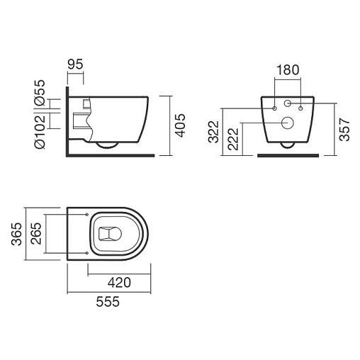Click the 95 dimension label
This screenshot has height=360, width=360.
tap(75, 64)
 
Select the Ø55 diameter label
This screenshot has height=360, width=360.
tap(40, 92)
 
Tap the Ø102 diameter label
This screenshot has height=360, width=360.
tap(40, 131)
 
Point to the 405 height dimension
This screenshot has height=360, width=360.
tap(181, 125)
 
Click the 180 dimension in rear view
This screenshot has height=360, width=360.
tap(288, 70)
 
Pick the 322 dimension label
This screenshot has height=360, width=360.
tap(213, 132)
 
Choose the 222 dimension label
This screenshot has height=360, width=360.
tap(233, 139)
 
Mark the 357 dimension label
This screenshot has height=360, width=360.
tap(344, 130)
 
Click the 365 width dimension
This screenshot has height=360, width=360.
tap(17, 234)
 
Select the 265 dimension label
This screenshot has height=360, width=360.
tap(36, 233)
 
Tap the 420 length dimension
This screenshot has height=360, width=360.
tap(119, 283)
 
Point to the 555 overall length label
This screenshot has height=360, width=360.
tap(108, 302)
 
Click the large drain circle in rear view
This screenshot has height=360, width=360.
tap(288, 123)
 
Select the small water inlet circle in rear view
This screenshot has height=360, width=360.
tap(287, 103)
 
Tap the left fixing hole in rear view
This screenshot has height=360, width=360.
tap(274, 108)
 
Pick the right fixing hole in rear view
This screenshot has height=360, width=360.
tap(300, 108)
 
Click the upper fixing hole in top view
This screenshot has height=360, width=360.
tap(86, 215)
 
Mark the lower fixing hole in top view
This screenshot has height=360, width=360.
tap(86, 253)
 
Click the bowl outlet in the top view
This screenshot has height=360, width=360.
tap(110, 234)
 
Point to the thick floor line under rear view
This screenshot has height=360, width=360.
tap(288, 155)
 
